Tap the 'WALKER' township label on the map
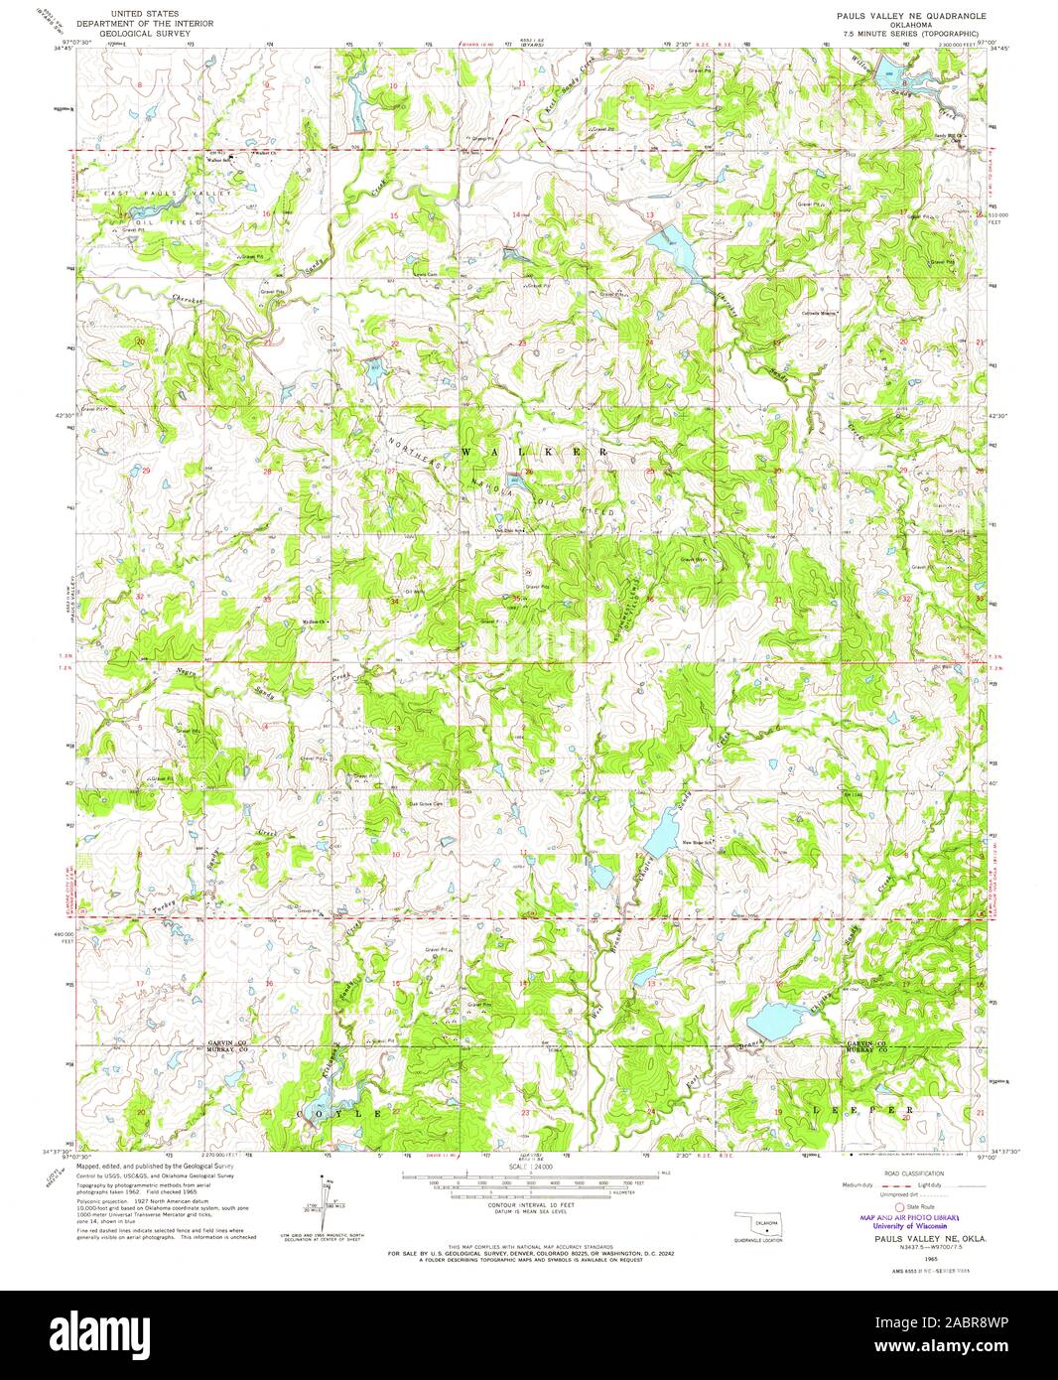(535, 451)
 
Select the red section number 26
(529, 471)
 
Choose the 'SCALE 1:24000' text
(530, 1167)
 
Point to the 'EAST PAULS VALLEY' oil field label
(159, 192)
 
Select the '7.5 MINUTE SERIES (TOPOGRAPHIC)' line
(903, 34)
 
